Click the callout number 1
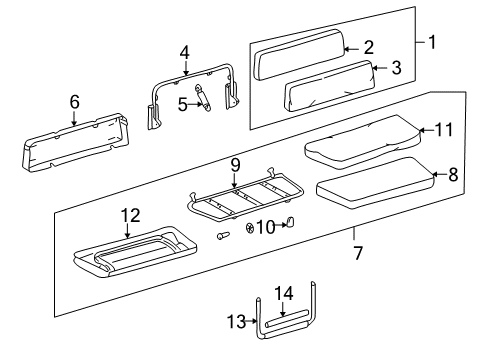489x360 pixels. click(432, 42)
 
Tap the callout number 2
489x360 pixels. click(369, 48)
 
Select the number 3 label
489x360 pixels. click(396, 68)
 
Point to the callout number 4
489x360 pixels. click(184, 53)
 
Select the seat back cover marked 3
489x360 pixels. click(330, 87)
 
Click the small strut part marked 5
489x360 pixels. click(203, 98)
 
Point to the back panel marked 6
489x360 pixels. click(76, 143)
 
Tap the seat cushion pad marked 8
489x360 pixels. click(375, 184)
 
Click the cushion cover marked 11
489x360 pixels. click(363, 142)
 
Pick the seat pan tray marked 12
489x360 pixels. click(135, 252)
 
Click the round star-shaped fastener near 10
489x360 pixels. click(250, 228)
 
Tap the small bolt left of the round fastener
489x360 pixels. click(223, 235)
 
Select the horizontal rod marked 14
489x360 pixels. click(287, 319)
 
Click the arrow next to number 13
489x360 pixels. click(251, 321)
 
